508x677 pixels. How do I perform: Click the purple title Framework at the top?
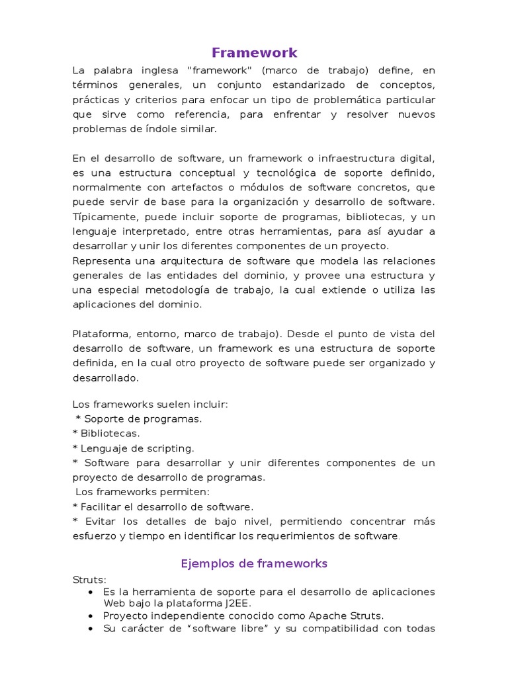(x=254, y=53)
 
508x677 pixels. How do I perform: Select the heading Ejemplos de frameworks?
(x=254, y=564)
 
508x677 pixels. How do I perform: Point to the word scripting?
(x=171, y=448)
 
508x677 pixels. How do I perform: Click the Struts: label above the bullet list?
(x=89, y=580)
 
